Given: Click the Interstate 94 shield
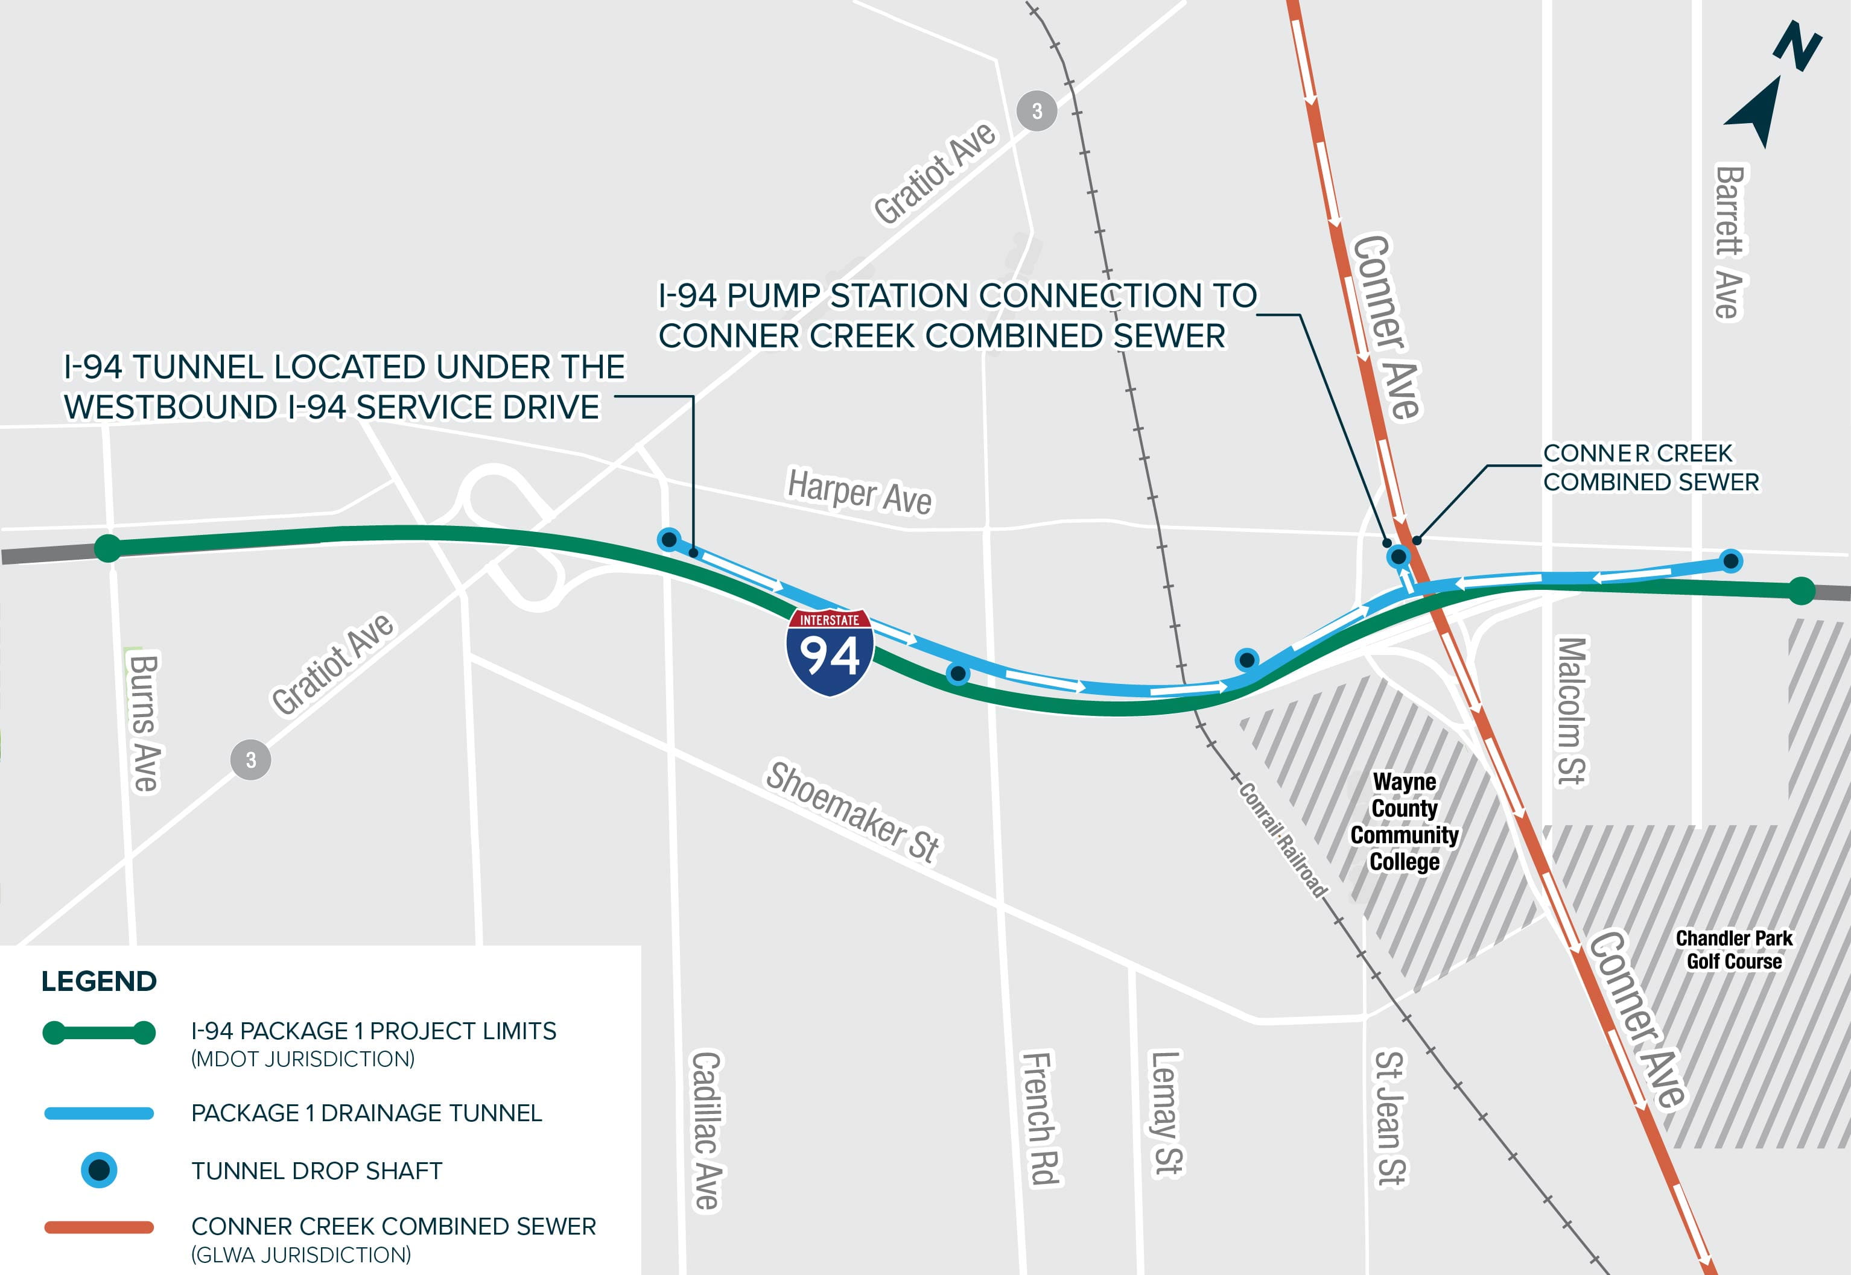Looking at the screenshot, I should [x=830, y=652].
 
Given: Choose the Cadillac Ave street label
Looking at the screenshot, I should [x=706, y=1130].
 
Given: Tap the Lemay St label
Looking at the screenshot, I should [x=1166, y=1113].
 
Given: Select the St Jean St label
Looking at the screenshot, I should [x=1390, y=1118].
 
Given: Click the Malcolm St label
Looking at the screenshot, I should [x=1571, y=711].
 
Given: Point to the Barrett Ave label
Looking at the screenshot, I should [x=1730, y=242].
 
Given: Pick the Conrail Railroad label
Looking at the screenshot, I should [x=1283, y=840].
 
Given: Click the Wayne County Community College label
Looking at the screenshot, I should [x=1404, y=821].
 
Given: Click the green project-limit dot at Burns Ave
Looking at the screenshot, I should [x=108, y=548].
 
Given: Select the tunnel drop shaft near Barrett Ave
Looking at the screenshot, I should [x=1730, y=561].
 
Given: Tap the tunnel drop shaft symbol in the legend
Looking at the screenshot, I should [x=99, y=1170].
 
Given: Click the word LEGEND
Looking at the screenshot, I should [x=99, y=981].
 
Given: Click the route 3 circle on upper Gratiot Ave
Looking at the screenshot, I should [x=1037, y=111].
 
